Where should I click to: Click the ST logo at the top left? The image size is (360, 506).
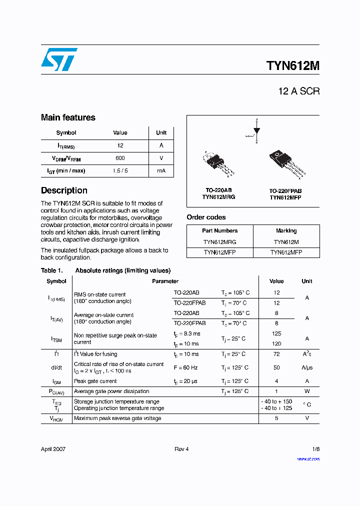[59, 59]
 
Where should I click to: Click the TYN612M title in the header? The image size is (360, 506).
[293, 66]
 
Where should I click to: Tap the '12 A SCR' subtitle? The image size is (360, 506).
[298, 91]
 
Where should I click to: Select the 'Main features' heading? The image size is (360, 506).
[68, 117]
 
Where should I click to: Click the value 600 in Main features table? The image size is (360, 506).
[120, 158]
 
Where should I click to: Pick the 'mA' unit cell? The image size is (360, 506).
[161, 170]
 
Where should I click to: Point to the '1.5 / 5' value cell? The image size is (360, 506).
[120, 170]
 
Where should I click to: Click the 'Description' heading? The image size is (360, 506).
[64, 190]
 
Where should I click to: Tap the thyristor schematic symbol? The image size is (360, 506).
[256, 131]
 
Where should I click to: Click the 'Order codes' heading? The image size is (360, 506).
[206, 217]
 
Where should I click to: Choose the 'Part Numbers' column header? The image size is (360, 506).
[219, 231]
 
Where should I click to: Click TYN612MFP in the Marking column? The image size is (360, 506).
[286, 252]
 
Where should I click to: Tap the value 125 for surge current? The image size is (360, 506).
[276, 333]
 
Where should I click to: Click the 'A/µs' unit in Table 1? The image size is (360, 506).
[306, 367]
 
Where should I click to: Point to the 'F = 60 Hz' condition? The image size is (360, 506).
[185, 367]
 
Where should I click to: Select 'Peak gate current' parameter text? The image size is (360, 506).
[95, 381]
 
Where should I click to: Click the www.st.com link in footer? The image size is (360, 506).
[308, 459]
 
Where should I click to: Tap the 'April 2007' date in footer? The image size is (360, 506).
[53, 449]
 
